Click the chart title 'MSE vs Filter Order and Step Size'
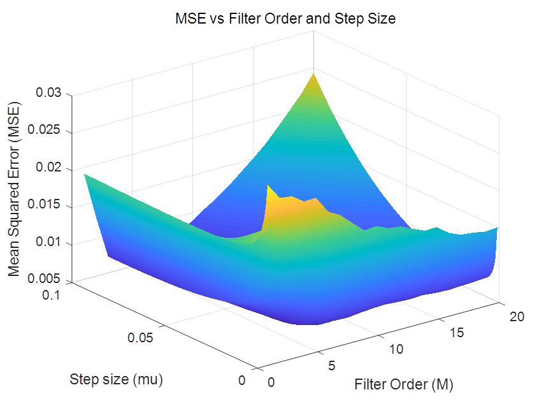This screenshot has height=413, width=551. pos(286,19)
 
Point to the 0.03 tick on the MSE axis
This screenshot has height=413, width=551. pos(50,94)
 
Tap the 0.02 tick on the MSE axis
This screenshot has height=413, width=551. pos(50,168)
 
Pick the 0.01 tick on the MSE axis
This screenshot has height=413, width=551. pos(50,243)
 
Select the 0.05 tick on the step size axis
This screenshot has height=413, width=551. pos(140,338)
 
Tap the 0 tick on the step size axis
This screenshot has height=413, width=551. pos(241,380)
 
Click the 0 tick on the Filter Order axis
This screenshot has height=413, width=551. pos(272,382)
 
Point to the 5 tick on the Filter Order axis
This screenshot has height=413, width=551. pos(331,366)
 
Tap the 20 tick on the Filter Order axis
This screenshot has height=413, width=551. pos(517,317)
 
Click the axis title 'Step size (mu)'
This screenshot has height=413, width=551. pos(117,380)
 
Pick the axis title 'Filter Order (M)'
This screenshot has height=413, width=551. pos(404,384)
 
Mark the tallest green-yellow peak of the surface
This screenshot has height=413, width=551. pos(313,75)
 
